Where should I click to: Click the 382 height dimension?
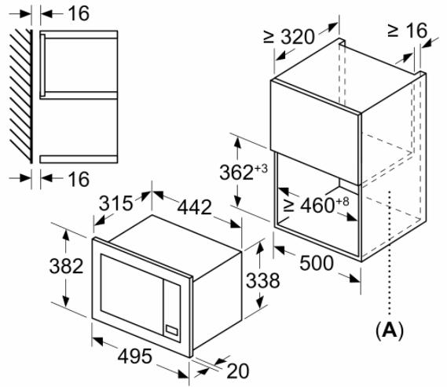pyautogui.click(x=66, y=266)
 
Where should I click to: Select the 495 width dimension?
pyautogui.click(x=134, y=356)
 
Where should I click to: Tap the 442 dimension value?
pyautogui.click(x=195, y=207)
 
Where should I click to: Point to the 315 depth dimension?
pyautogui.click(x=116, y=203)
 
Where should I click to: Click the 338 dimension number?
pyautogui.click(x=263, y=280)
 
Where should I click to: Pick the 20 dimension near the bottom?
pyautogui.click(x=238, y=371)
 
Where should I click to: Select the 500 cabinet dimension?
pyautogui.click(x=317, y=263)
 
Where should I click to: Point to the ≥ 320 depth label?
pyautogui.click(x=289, y=36)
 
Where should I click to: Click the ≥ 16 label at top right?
pyautogui.click(x=408, y=30)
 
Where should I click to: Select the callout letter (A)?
pyautogui.click(x=390, y=330)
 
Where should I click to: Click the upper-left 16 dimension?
pyautogui.click(x=79, y=13)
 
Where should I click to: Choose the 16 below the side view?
pyautogui.click(x=79, y=179)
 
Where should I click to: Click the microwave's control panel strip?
pyautogui.click(x=172, y=311)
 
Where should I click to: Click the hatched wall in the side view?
pyautogui.click(x=20, y=96)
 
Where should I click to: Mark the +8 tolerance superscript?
pyautogui.click(x=343, y=202)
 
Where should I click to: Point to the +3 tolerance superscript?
pyautogui.click(x=262, y=169)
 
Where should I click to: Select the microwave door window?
pyautogui.click(x=132, y=294)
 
